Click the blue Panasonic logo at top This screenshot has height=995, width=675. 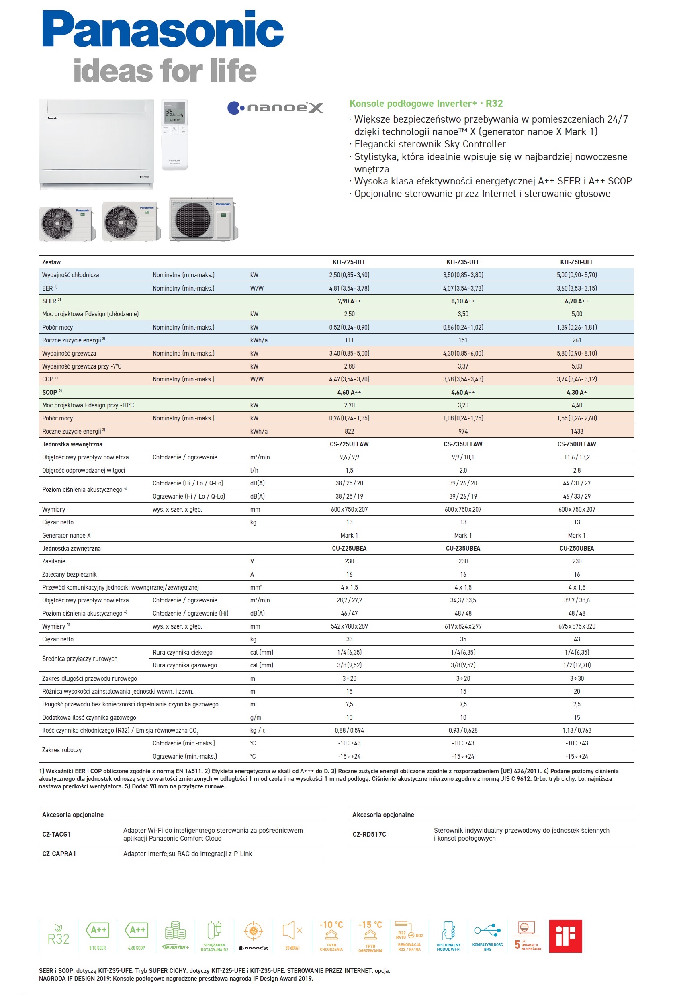coord(163,29)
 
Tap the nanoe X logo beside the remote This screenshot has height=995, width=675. coord(275,107)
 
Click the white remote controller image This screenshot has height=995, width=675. coord(174,135)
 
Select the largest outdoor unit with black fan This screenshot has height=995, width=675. coord(203,219)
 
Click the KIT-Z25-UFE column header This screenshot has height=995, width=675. coord(349,262)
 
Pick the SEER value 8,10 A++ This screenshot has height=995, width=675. coord(463,301)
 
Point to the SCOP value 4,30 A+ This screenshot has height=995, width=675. coord(577,392)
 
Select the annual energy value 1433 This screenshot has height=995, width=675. coord(577,431)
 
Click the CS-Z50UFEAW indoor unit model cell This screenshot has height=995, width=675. coord(577,444)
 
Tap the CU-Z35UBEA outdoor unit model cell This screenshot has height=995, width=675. coord(463,548)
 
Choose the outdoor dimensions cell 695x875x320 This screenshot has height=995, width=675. coord(577,626)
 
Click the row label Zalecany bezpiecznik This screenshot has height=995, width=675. coord(70,574)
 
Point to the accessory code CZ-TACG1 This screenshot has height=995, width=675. coord(57,834)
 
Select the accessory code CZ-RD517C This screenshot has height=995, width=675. coord(369,834)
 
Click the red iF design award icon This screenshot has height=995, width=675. coord(565,936)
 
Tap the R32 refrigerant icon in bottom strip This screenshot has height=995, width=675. coord(58,936)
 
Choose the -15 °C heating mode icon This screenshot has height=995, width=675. coord(370,936)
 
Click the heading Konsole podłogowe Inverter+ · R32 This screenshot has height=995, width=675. coord(426,104)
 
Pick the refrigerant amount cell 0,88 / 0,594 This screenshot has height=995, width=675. coord(349,730)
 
